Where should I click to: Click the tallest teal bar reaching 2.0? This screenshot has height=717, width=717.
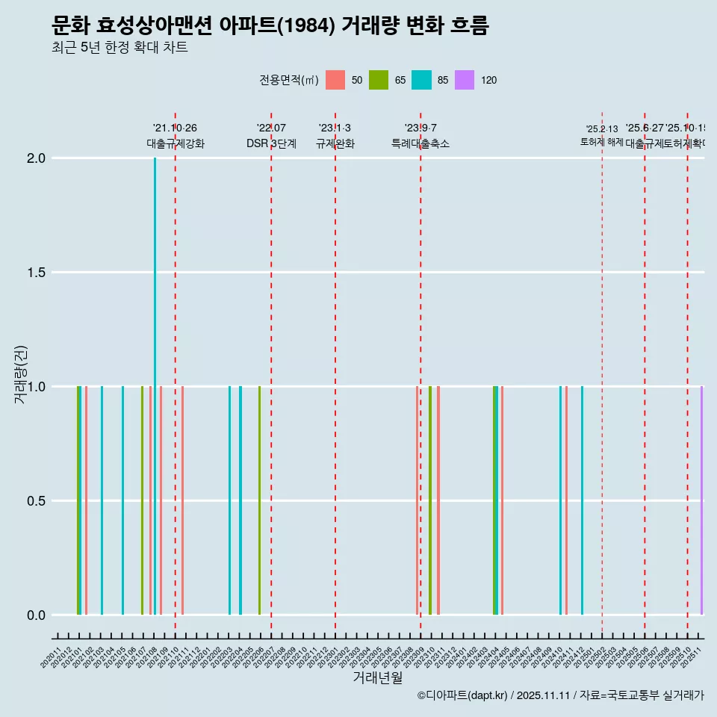tap(155, 373)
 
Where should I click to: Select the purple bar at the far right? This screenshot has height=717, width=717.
tap(701, 500)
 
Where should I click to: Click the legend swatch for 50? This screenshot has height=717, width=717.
tap(335, 80)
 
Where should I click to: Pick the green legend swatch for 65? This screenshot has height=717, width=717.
tap(379, 80)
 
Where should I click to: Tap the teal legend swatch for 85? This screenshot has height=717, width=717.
tap(421, 80)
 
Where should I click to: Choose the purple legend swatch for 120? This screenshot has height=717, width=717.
tap(465, 80)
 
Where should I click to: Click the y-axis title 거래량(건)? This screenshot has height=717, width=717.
tap(21, 374)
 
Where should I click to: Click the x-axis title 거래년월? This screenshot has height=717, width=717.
tap(377, 678)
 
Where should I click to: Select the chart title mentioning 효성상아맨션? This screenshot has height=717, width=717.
tap(270, 26)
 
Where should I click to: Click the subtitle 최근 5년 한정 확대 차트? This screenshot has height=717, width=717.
tap(119, 48)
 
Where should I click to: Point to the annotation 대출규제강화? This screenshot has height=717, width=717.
tap(176, 143)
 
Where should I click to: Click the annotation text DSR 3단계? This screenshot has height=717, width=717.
tap(271, 143)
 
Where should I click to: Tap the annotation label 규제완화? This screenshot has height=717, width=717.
tap(335, 143)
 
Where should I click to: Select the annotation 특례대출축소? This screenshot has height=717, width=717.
tap(420, 143)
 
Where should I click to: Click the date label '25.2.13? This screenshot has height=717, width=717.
tap(602, 129)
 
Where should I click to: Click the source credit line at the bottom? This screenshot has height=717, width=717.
tap(560, 695)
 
